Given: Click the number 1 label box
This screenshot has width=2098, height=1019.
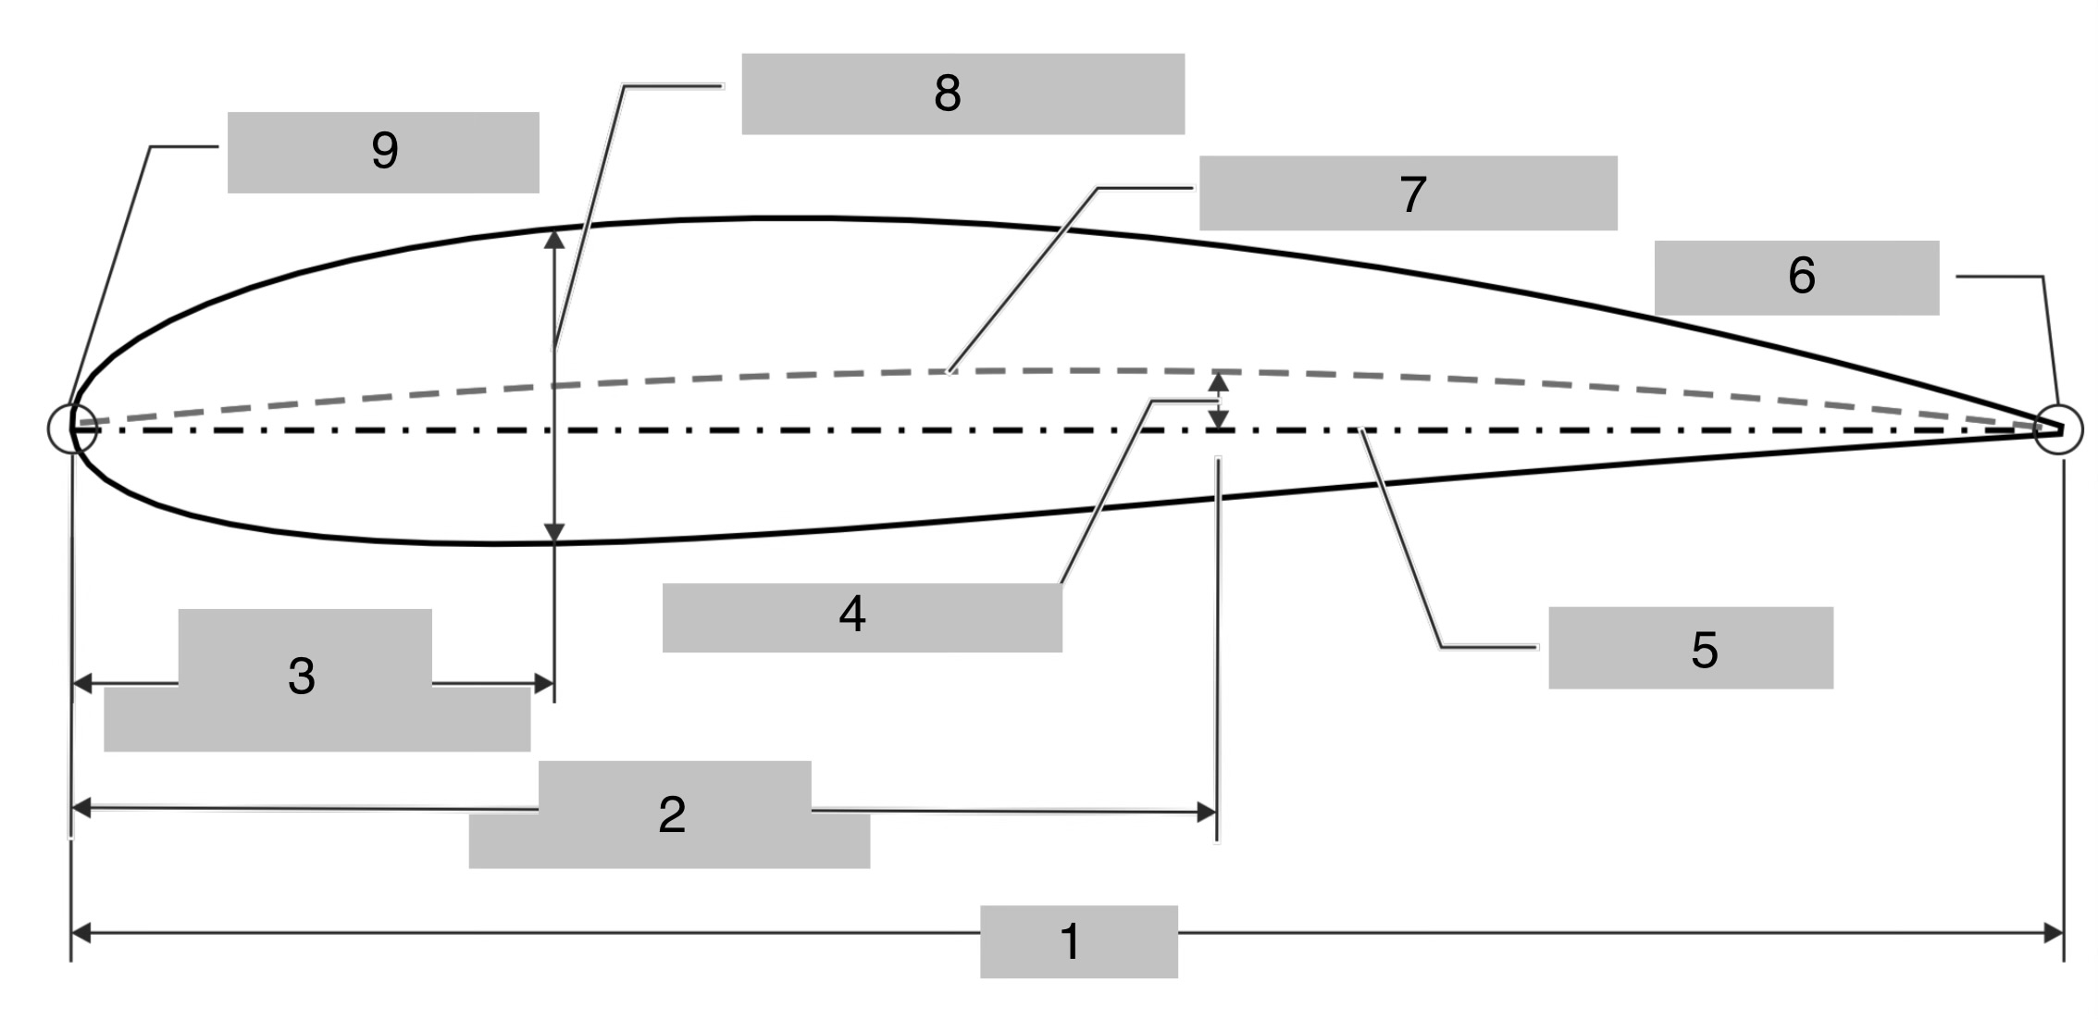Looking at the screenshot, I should click(1078, 941).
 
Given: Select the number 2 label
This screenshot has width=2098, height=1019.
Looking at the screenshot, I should click(673, 814).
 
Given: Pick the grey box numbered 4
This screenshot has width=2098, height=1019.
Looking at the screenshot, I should click(861, 617).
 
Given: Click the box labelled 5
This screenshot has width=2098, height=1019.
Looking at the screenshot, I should click(1690, 648).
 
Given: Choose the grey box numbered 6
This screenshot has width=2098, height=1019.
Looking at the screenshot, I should click(1795, 278).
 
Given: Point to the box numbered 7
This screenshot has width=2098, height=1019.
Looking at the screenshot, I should click(1408, 193).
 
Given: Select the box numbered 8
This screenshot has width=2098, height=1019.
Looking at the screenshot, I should click(962, 93).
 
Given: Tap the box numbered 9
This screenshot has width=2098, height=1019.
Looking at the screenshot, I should click(383, 153).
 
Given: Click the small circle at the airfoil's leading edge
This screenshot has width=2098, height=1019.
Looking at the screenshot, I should click(72, 429).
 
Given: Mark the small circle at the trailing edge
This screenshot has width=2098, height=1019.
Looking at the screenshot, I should click(2057, 429).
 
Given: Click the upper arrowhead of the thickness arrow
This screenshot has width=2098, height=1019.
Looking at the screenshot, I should click(554, 239).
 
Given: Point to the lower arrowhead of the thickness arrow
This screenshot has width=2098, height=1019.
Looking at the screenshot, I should click(554, 532).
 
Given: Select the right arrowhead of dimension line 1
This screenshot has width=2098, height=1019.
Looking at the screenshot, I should click(2053, 933).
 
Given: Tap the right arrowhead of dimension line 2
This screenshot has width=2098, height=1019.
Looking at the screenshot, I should click(1207, 812).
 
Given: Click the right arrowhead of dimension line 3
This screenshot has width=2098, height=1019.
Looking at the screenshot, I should click(544, 684).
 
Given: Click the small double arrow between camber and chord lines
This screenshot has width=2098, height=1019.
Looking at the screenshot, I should click(1219, 401).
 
